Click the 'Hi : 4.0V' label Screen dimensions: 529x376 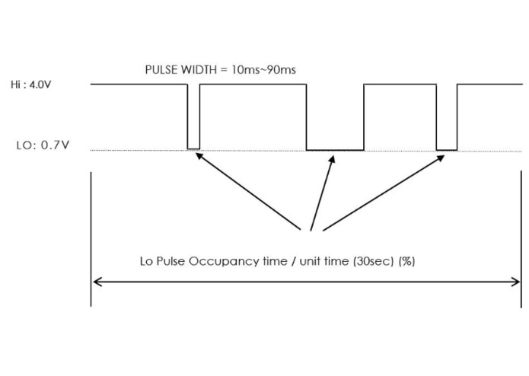click(30, 84)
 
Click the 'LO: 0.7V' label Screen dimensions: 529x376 click(43, 145)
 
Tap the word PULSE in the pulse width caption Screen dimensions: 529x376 click(161, 70)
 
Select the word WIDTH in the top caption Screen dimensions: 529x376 click(199, 70)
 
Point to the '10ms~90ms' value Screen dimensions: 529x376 click(264, 70)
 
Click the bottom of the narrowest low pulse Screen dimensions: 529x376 click(193, 148)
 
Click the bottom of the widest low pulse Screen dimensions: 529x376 click(335, 150)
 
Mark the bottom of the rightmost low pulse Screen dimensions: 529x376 click(447, 150)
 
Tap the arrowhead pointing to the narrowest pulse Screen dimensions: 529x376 click(199, 155)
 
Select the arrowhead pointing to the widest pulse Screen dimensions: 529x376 click(333, 160)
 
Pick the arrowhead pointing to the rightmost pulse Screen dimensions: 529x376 click(441, 158)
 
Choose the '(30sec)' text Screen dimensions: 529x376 click(374, 261)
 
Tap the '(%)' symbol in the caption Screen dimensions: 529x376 click(406, 261)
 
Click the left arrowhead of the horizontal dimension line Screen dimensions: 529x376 click(97, 282)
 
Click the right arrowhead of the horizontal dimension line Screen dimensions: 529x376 click(515, 282)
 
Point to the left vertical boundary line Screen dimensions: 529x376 click(91, 239)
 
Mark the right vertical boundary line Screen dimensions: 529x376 click(521, 239)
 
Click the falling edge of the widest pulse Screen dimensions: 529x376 click(306, 117)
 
